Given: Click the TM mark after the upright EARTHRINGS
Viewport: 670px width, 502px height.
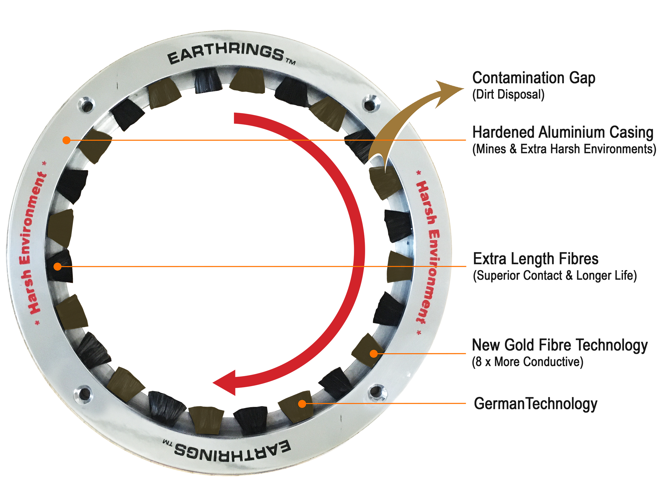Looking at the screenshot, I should [x=290, y=62].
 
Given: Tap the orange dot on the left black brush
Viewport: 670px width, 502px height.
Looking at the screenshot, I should [x=57, y=266].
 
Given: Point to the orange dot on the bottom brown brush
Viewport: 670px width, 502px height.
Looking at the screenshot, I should [x=302, y=404].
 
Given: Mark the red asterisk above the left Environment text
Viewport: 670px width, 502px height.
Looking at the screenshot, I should [x=45, y=163].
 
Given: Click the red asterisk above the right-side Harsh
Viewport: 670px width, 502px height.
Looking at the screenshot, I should [x=419, y=173].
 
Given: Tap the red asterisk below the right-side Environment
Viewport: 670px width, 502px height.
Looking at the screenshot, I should [x=419, y=333].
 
